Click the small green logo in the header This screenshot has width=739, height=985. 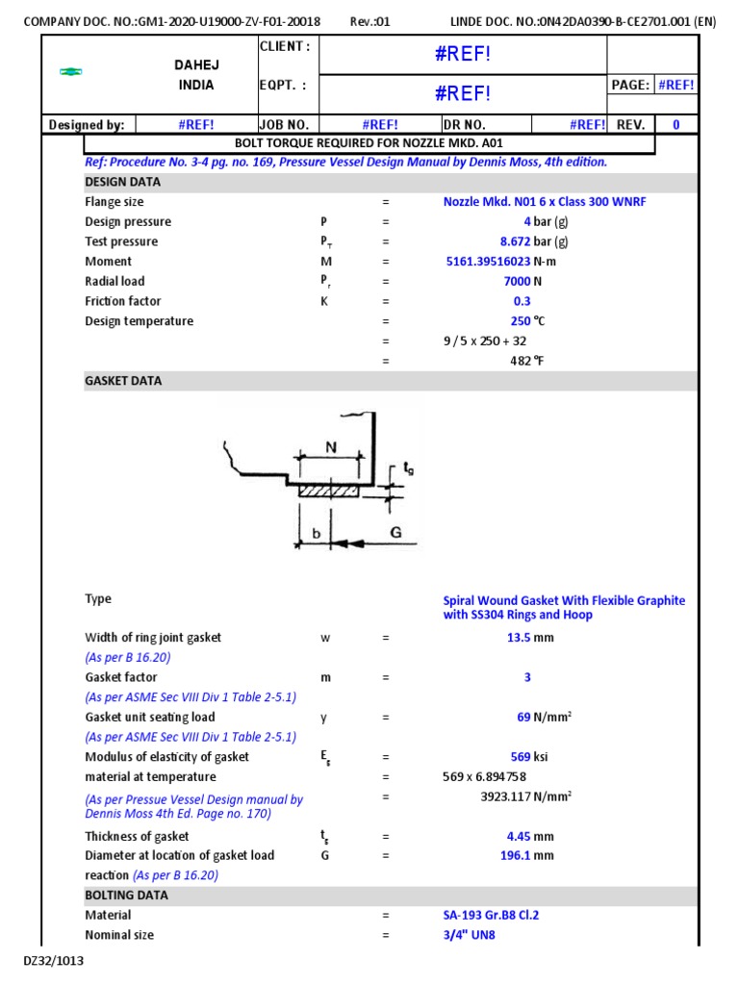point(70,72)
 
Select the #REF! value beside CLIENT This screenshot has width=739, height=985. point(463,55)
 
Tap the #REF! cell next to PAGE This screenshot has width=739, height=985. point(676,85)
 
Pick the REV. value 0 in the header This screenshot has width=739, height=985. point(675,124)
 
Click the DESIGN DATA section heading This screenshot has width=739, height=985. point(123,182)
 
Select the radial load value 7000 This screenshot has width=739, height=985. point(517,281)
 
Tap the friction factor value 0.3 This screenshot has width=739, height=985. point(522,301)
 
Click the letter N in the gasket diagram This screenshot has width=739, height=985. point(331,447)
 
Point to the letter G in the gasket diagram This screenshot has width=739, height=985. point(395,531)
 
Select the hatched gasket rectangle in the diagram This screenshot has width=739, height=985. point(328,491)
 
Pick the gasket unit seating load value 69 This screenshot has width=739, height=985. point(523,717)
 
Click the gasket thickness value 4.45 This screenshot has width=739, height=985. point(517,836)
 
